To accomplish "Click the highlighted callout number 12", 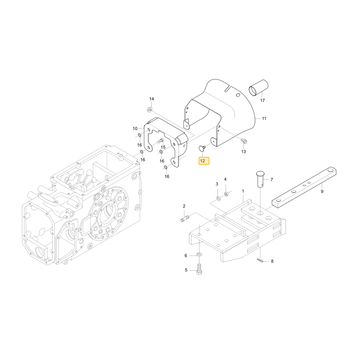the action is click(204, 161).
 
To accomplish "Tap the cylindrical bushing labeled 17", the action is click(258, 87).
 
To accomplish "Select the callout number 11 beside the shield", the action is click(264, 118).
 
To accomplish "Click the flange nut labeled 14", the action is click(149, 110).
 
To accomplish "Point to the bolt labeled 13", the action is click(244, 140).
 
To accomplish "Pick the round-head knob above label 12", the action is click(202, 148).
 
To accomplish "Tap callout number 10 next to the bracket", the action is click(135, 129).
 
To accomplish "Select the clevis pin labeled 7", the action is click(260, 179).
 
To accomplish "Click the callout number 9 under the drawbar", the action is click(322, 192).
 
